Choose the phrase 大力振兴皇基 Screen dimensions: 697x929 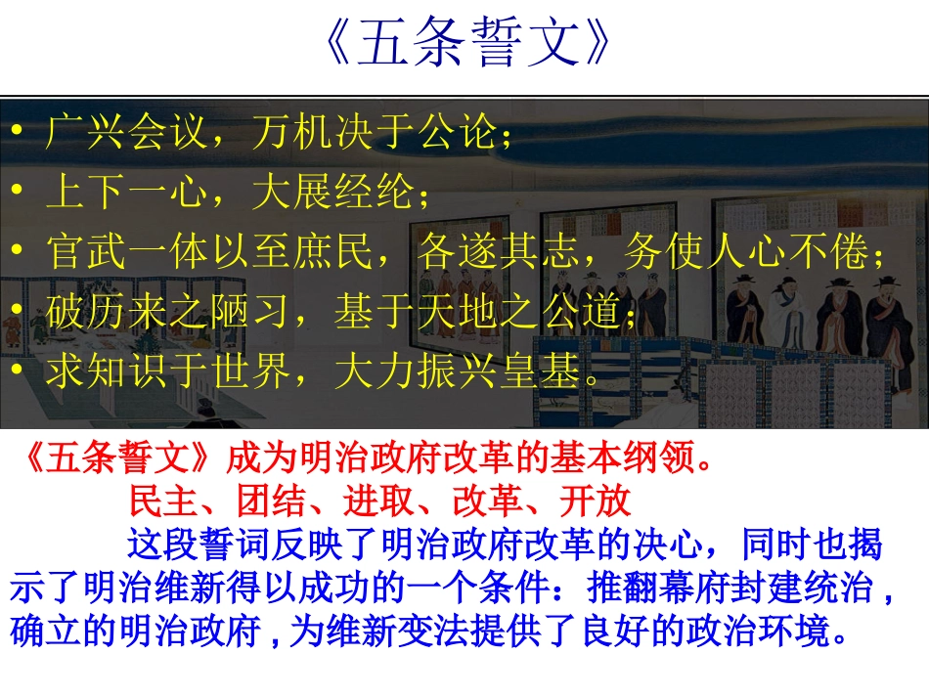(456, 371)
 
